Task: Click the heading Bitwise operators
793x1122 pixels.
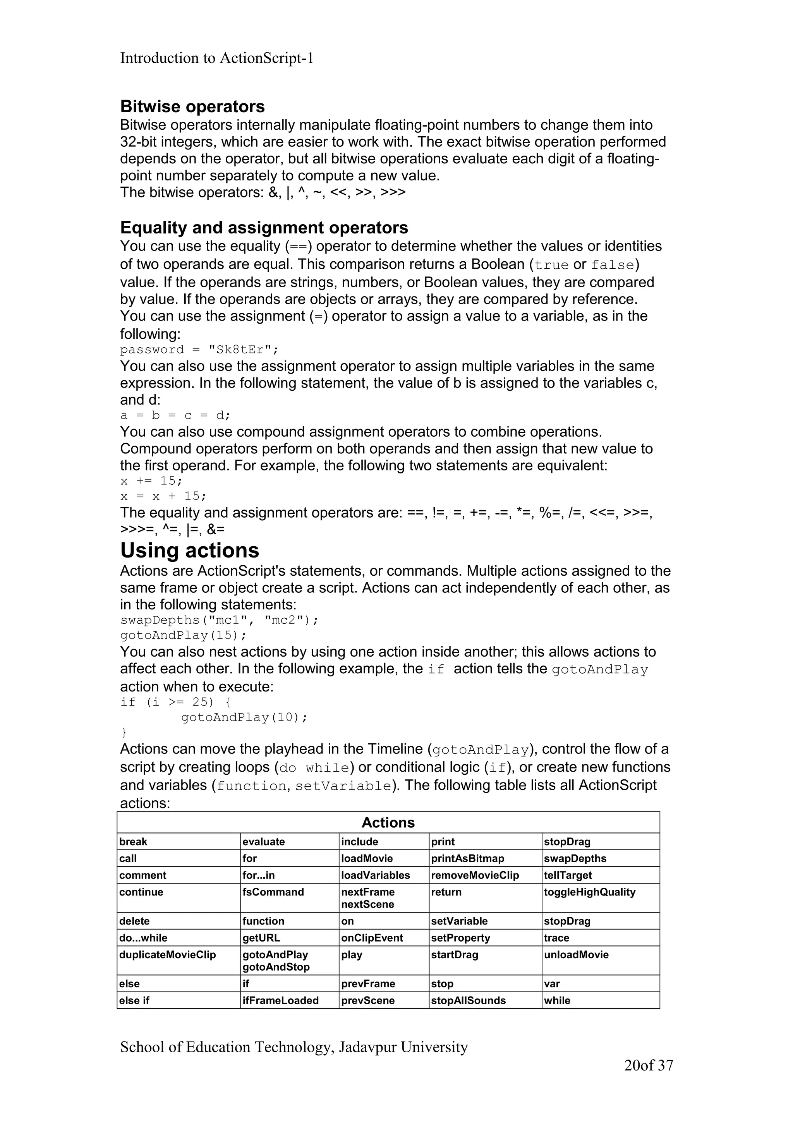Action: point(192,106)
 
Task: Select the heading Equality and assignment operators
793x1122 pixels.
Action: point(264,228)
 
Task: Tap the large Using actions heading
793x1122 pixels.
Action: point(190,551)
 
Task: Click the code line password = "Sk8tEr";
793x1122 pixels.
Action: point(199,350)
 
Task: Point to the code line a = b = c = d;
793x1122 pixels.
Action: point(175,415)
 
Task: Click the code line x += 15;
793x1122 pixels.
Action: point(151,481)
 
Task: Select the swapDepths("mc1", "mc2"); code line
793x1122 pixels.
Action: point(219,620)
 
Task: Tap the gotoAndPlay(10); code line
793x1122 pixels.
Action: point(244,717)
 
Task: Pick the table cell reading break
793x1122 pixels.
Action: point(133,842)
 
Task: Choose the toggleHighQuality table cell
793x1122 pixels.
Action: point(589,892)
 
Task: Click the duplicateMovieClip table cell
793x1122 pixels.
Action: point(167,955)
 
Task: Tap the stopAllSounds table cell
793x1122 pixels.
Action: point(468,1001)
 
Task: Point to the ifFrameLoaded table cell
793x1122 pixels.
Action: point(280,1001)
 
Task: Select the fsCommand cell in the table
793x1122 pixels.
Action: point(273,892)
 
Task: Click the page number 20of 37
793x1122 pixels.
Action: point(648,1066)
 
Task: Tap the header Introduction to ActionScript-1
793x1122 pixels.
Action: point(216,58)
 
